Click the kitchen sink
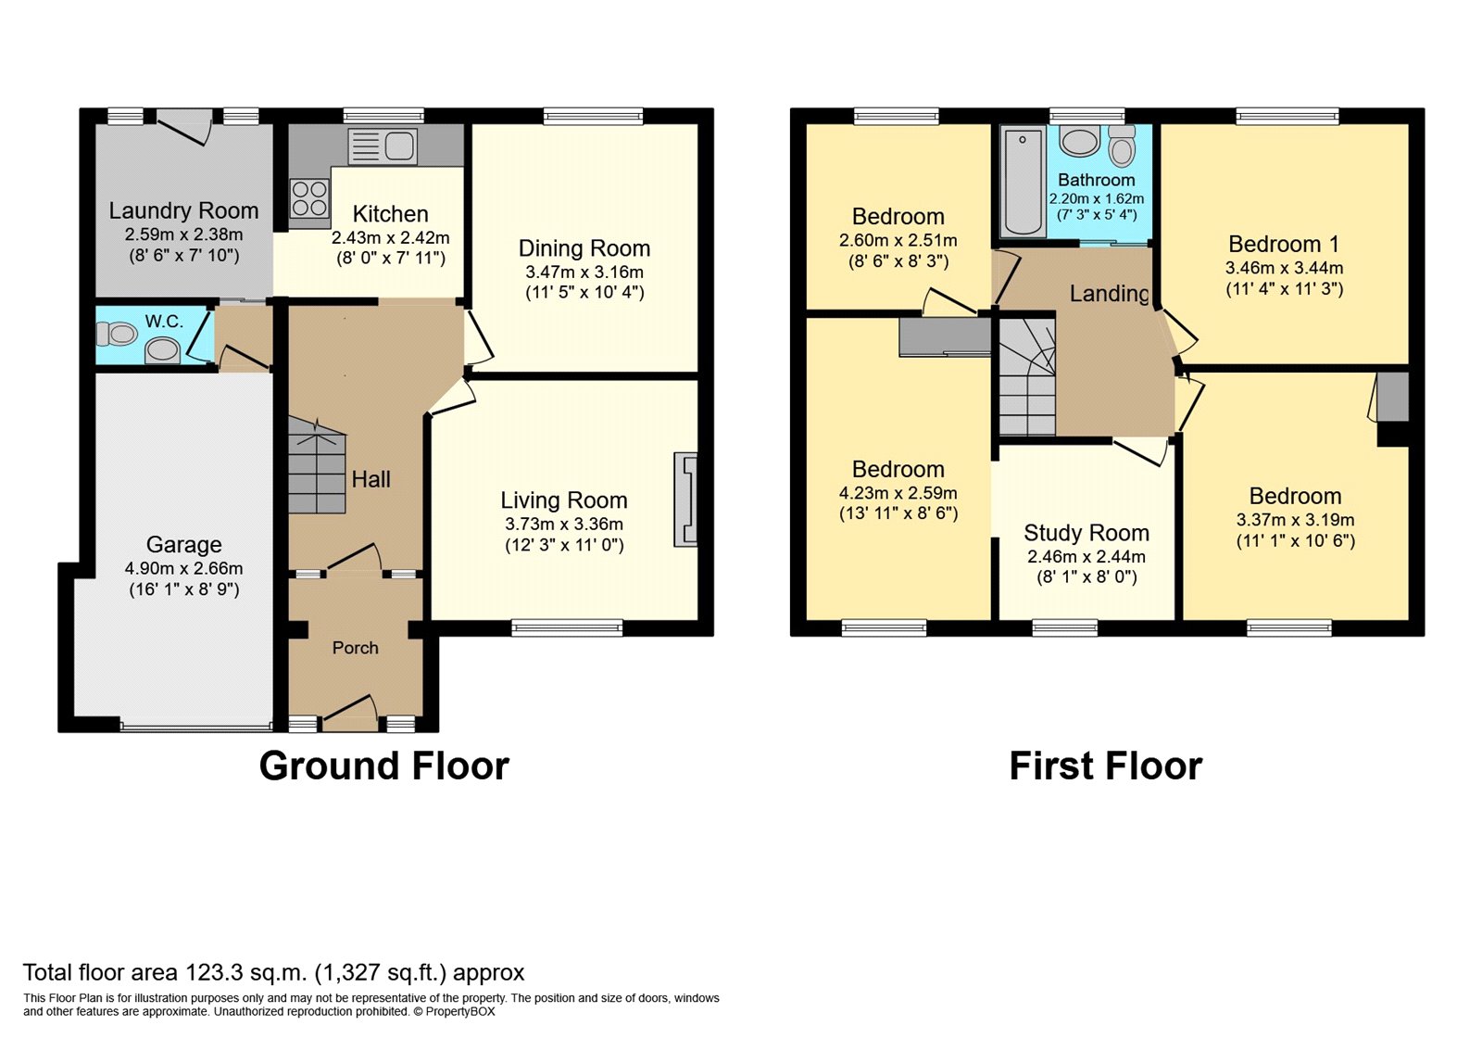click(383, 146)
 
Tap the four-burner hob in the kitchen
click(309, 197)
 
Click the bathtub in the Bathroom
click(1023, 182)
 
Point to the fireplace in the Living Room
click(685, 499)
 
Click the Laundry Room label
click(183, 211)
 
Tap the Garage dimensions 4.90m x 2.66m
click(183, 568)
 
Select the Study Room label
click(1086, 533)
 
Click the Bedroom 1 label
click(1283, 245)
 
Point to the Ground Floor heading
click(383, 766)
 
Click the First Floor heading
click(1105, 766)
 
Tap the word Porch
click(355, 648)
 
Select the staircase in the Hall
click(316, 465)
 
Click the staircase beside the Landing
click(1026, 376)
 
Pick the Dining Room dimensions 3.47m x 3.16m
click(584, 272)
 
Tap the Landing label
click(1109, 294)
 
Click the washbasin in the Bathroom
click(1079, 142)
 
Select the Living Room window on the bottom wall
click(567, 627)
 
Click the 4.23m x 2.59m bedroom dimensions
click(898, 493)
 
